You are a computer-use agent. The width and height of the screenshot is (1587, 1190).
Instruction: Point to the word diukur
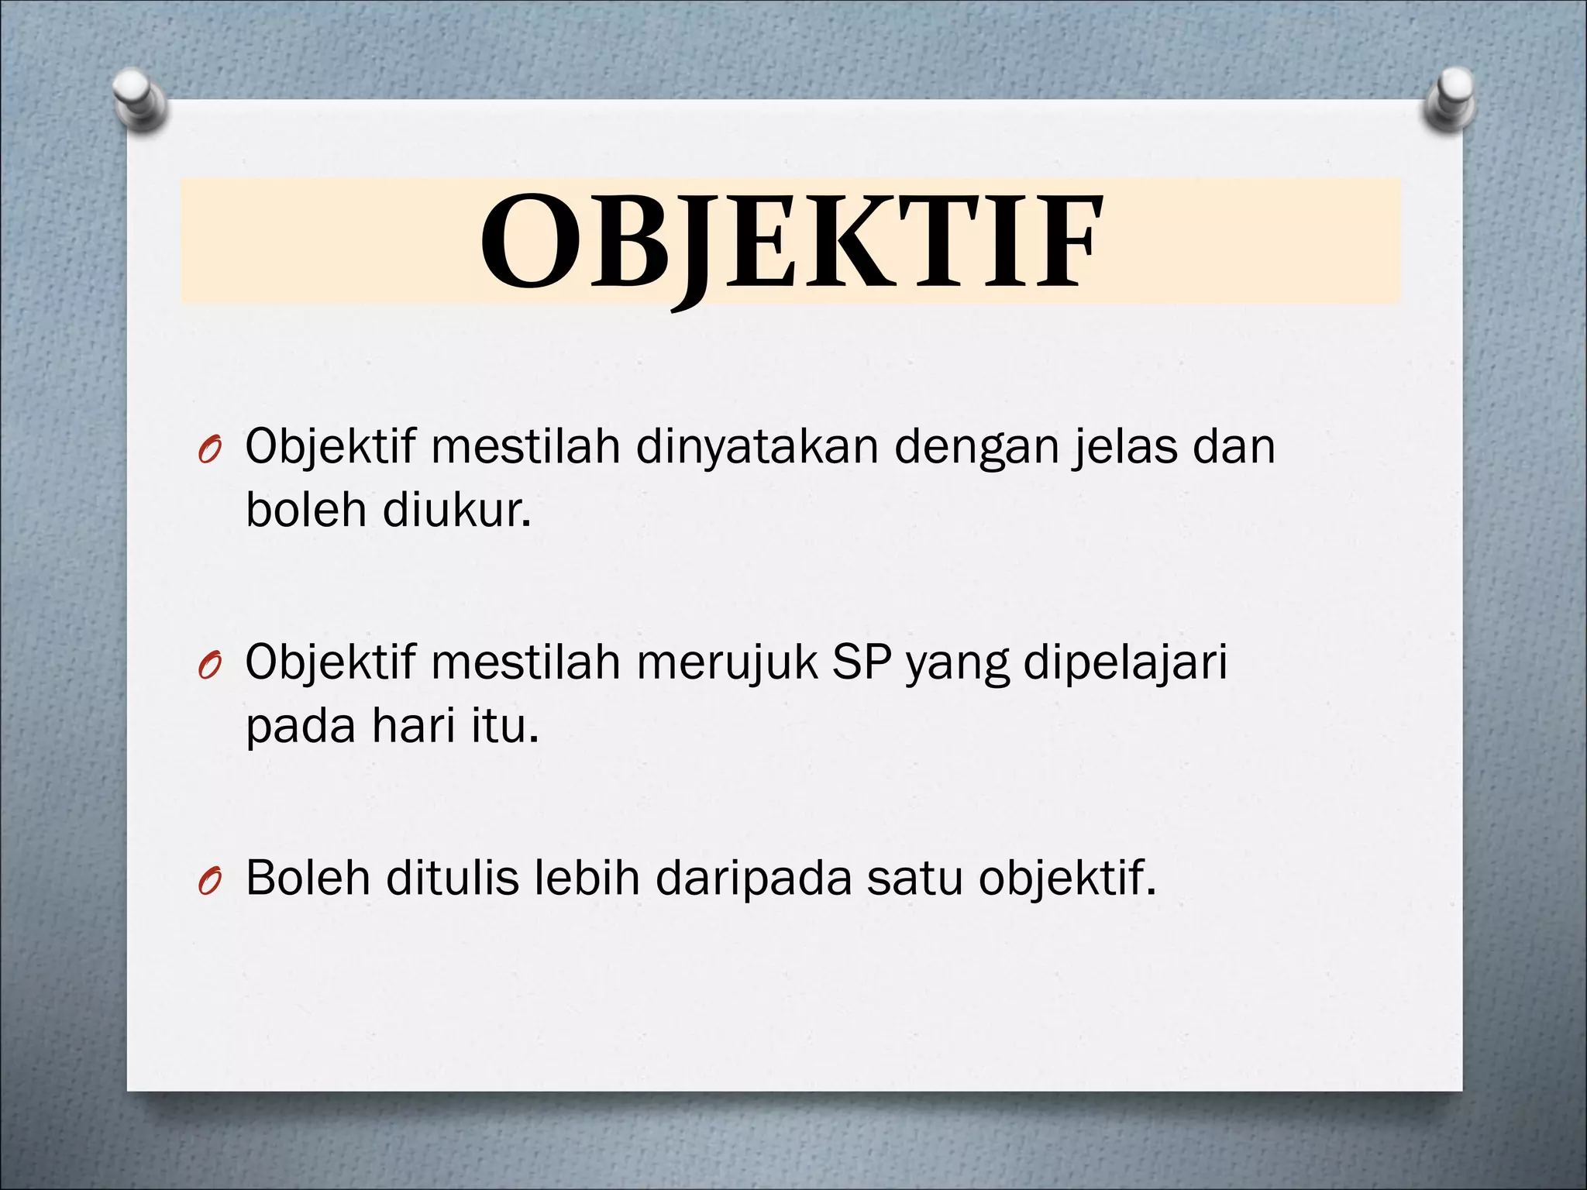click(457, 511)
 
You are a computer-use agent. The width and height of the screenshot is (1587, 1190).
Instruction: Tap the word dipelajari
click(1125, 663)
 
